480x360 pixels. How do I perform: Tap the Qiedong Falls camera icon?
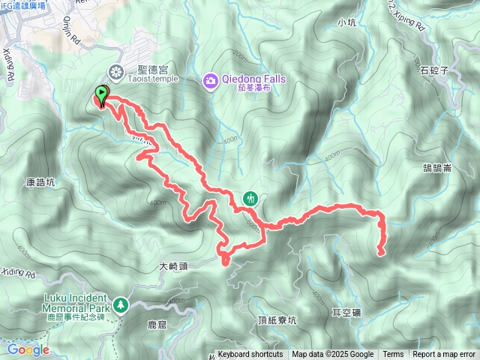click(x=211, y=79)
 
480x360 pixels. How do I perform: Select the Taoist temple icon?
click(x=116, y=72)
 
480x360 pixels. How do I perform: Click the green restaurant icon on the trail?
click(x=250, y=199)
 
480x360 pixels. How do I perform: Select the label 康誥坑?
click(x=40, y=182)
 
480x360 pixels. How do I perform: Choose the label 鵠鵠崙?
click(x=436, y=169)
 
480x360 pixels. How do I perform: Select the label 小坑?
click(x=346, y=22)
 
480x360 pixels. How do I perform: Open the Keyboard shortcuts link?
click(x=250, y=355)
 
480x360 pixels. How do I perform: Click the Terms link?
click(x=393, y=355)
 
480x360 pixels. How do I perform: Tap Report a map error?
click(x=444, y=355)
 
